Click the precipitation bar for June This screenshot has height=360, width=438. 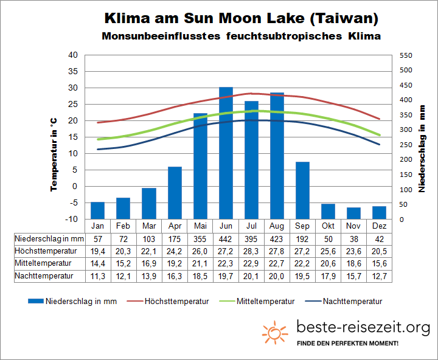click(226, 153)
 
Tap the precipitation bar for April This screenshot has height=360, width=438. click(175, 192)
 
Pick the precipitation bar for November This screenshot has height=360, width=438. click(353, 213)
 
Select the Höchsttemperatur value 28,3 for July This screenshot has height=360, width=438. click(251, 250)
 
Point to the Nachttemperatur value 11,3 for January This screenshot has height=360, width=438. click(98, 275)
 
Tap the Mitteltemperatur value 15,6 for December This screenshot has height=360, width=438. click(379, 263)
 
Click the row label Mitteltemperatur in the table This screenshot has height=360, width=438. click(44, 263)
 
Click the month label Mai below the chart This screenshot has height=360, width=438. click(200, 225)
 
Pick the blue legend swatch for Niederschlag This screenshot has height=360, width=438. click(36, 301)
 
